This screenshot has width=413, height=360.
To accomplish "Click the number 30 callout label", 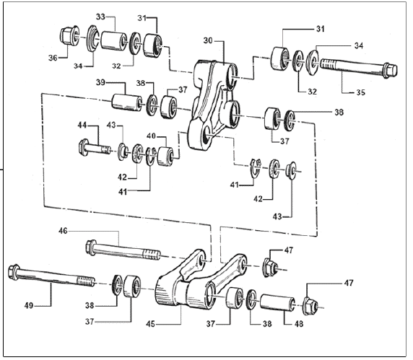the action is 208,41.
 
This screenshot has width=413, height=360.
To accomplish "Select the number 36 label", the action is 53,58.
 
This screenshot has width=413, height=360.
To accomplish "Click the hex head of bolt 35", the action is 391,70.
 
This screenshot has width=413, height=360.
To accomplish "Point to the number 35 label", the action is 361,92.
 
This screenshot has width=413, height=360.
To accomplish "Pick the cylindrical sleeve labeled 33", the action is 113,40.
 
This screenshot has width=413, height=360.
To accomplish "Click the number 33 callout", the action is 100,17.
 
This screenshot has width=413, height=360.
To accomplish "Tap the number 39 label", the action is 100,82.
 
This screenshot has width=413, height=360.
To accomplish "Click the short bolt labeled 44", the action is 95,148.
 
